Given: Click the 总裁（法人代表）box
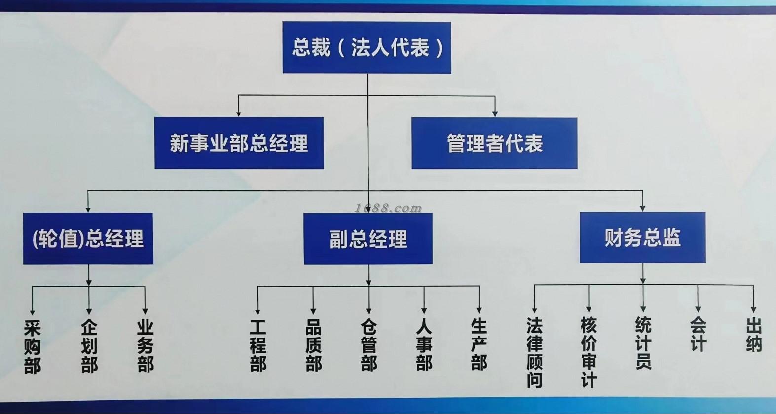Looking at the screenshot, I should pyautogui.click(x=367, y=47).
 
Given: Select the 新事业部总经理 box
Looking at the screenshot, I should pyautogui.click(x=239, y=143).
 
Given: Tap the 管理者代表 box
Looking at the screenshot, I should pyautogui.click(x=494, y=143).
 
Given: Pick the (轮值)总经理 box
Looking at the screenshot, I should pyautogui.click(x=88, y=239).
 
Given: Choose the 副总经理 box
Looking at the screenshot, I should pyautogui.click(x=368, y=239).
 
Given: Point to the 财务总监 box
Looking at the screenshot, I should pyautogui.click(x=642, y=237).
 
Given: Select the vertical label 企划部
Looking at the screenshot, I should pyautogui.click(x=89, y=346).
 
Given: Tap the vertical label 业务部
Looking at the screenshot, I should pyautogui.click(x=146, y=346).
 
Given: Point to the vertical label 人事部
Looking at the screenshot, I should pyautogui.click(x=424, y=345).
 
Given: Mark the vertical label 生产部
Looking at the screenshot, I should pyautogui.click(x=479, y=344).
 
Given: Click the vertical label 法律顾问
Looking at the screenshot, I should pyautogui.click(x=534, y=352).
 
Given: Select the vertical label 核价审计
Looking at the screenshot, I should pyautogui.click(x=589, y=352).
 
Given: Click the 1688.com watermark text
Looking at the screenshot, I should pyautogui.click(x=388, y=208).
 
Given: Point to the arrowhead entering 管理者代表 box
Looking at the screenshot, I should pyautogui.click(x=495, y=114).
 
